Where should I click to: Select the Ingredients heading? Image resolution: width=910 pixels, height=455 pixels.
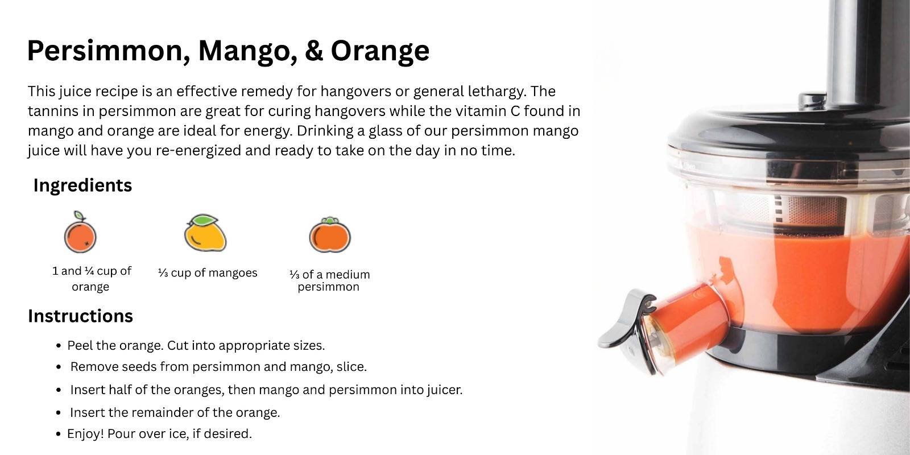pos(82,185)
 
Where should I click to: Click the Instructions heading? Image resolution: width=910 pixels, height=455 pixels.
pos(80,316)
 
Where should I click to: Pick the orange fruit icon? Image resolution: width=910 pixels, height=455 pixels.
pos(80,232)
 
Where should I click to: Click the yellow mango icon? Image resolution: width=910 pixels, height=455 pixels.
pos(205,233)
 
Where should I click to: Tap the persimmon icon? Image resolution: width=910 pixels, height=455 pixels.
pos(330,235)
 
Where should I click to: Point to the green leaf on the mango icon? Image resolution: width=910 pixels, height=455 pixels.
pos(205,220)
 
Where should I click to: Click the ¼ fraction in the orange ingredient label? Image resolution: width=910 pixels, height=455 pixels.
pos(89,271)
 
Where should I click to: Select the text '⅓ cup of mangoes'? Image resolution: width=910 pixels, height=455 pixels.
pos(208,272)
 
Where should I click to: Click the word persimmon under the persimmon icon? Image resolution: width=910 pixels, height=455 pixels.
pos(328,287)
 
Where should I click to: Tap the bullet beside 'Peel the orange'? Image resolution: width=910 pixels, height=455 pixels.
pos(59,346)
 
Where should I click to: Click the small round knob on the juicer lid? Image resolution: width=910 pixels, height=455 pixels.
pos(813,101)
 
